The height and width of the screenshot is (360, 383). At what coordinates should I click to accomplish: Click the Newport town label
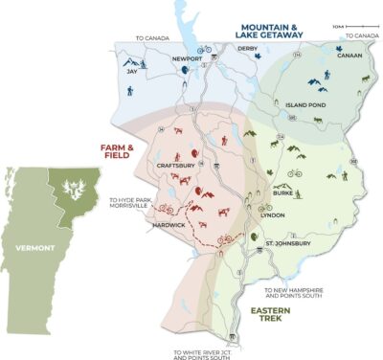coord(187,58)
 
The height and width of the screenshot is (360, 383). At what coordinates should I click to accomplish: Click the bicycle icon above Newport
coord(204,48)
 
